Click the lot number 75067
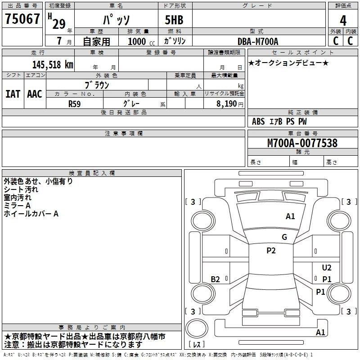pos(22,19)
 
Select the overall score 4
pos(343,21)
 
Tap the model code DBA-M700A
pos(258,41)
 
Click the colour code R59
pos(75,103)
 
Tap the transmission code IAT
pos(13,94)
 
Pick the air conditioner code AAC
pos(35,94)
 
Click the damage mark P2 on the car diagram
pos(271,251)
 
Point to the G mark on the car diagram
pos(284,237)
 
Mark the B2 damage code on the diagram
pos(216,279)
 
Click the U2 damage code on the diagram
pos(327,268)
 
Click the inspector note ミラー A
pos(17,206)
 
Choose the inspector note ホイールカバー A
pos(31,214)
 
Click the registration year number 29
pos(59,24)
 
